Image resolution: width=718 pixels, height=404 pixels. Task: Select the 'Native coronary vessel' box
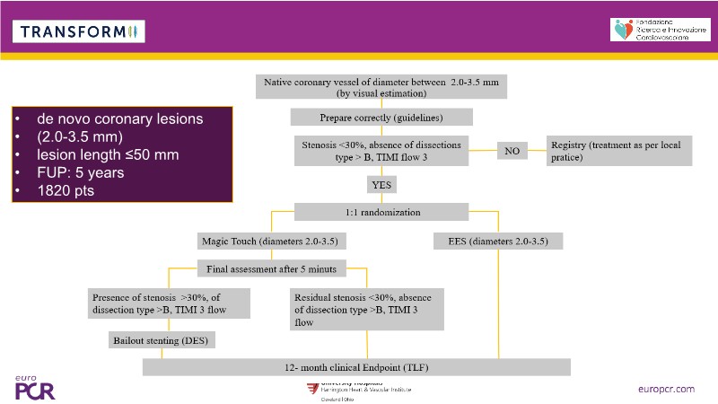381,86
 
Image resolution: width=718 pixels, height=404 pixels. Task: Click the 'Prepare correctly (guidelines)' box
381,118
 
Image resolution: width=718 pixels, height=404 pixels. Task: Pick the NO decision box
512,151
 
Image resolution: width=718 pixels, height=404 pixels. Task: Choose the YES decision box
381,185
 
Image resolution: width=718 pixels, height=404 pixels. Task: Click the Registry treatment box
619,151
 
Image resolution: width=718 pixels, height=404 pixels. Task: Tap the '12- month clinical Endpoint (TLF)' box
357,366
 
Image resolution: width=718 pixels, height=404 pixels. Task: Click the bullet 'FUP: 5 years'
80,172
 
